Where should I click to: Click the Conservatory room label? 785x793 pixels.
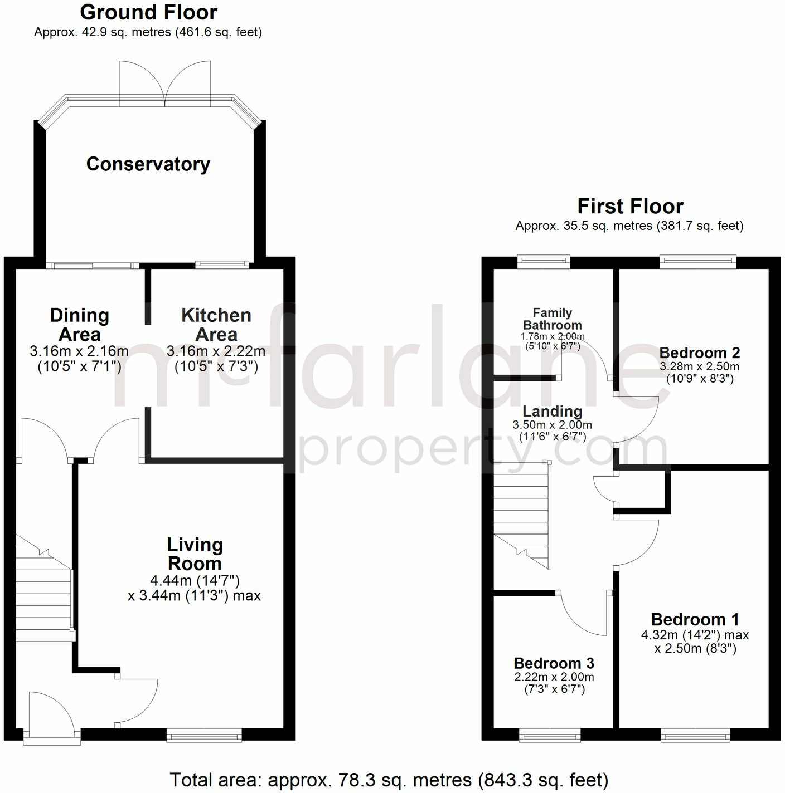148,164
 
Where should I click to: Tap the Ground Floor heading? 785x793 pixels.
148,12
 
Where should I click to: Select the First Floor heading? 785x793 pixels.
630,207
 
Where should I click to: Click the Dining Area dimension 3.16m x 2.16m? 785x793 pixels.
79,352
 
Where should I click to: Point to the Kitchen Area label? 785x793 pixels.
216,325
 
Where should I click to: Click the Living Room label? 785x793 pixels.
195,554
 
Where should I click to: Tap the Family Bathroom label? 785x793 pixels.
552,319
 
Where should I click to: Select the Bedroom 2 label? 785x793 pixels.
700,353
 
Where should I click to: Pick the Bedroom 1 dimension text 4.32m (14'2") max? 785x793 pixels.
695,635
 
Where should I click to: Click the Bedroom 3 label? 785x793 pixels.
554,663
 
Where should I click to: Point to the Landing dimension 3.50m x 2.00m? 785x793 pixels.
552,425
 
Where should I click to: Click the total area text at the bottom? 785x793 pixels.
389,780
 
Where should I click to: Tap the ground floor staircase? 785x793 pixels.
43,590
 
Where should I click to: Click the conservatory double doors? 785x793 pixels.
165,84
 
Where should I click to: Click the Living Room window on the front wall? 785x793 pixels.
204,737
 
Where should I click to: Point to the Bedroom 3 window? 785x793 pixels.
550,736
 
